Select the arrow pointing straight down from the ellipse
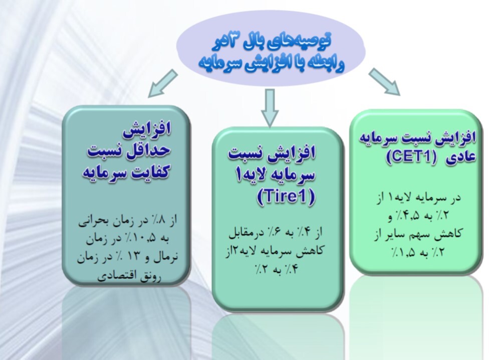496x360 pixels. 271,107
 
